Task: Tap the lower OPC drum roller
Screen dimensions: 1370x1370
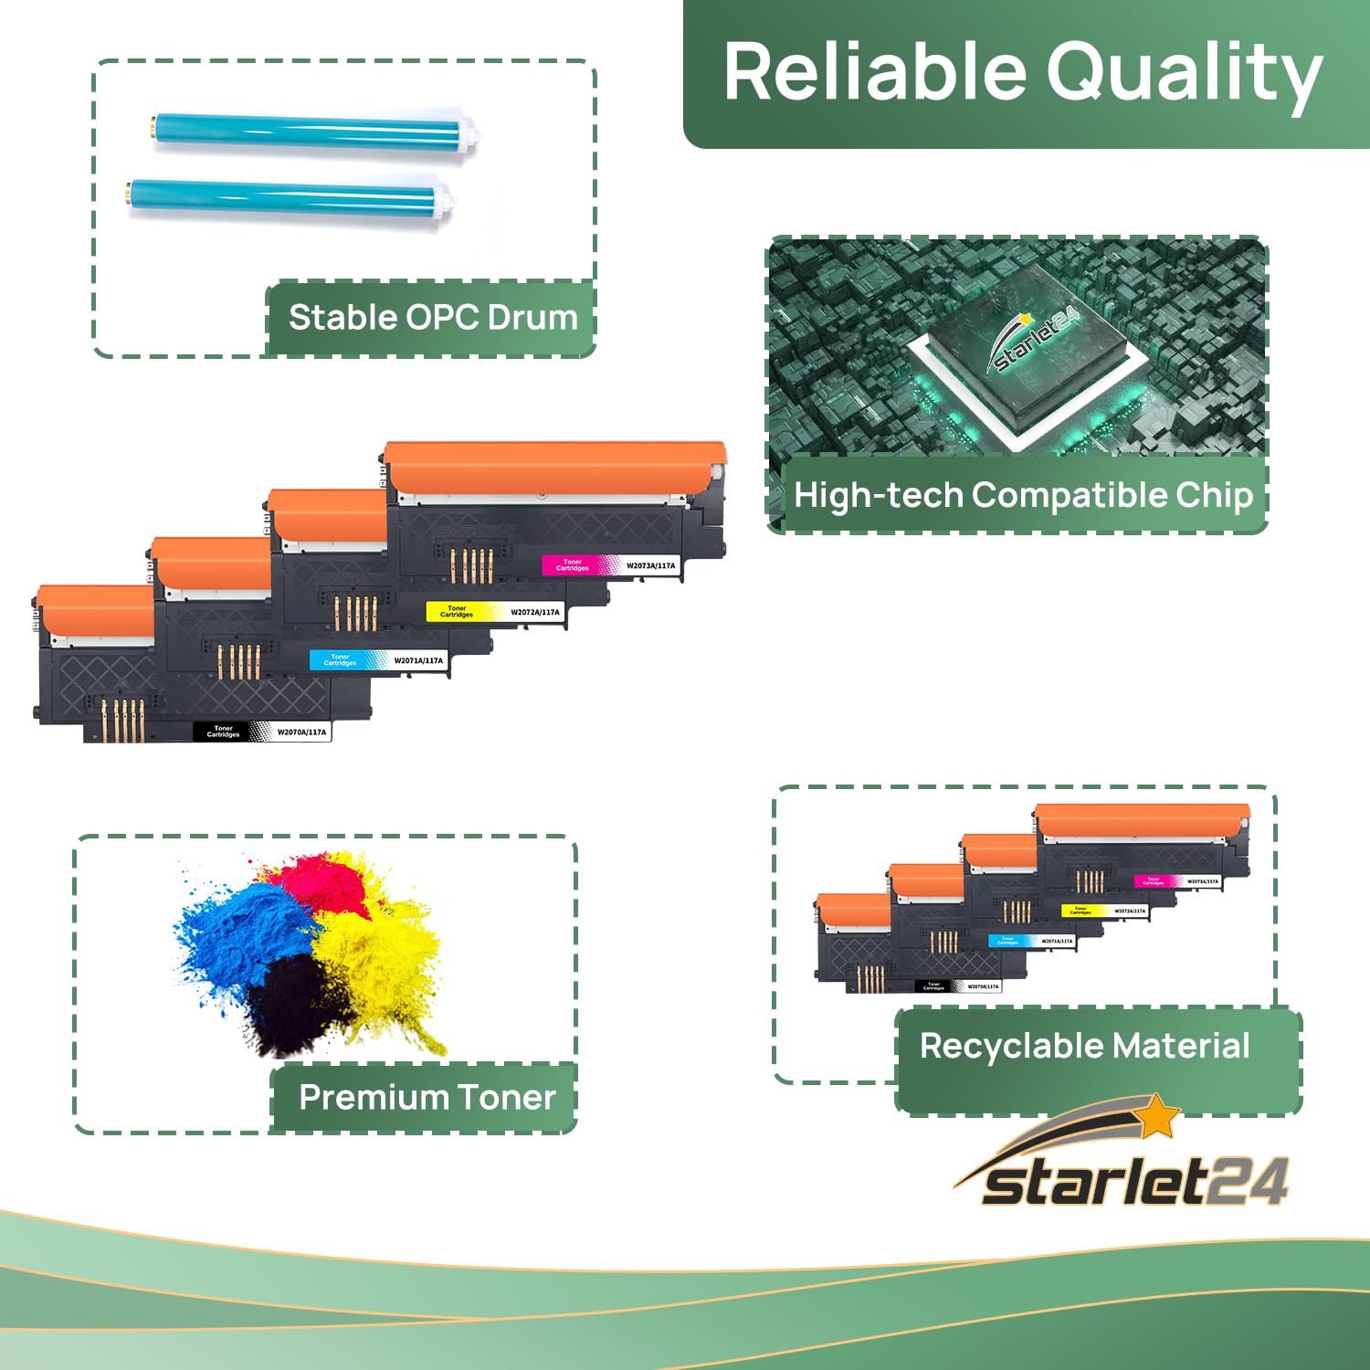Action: pos(289,195)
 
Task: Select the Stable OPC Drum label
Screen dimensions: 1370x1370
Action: pos(433,318)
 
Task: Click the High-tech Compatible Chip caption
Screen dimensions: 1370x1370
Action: pos(1023,495)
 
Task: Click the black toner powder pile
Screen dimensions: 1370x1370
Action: pos(292,1005)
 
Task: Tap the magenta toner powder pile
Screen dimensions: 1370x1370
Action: pos(320,881)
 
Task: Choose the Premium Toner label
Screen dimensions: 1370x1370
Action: pos(427,1097)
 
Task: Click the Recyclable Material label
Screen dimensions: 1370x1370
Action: pos(1084,1047)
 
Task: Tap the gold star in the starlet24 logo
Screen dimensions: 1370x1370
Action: pos(1158,1115)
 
